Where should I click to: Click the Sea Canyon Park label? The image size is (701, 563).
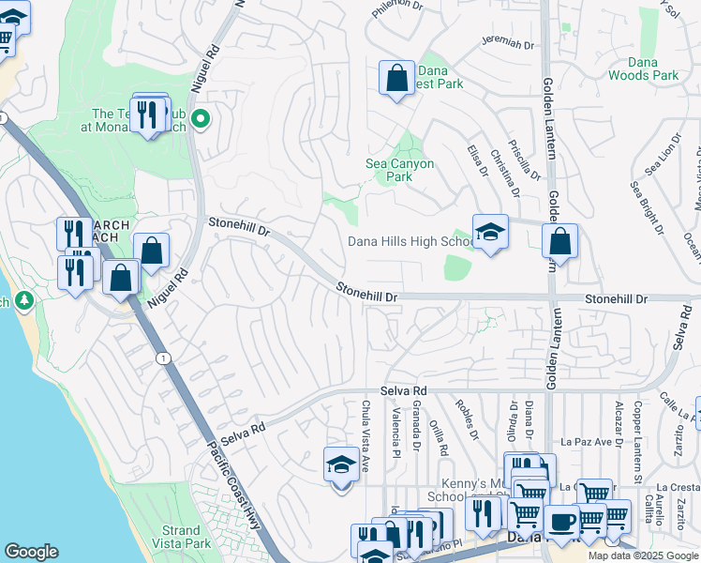point(399,170)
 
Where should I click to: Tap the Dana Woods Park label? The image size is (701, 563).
point(643,68)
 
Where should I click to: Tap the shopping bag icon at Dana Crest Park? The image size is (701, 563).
point(396,77)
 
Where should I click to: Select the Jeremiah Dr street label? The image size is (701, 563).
point(506,44)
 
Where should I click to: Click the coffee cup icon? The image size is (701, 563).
point(561,521)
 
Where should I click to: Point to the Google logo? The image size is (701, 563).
point(31,552)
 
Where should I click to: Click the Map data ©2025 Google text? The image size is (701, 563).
point(643,555)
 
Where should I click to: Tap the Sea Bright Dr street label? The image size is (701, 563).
point(647,208)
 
